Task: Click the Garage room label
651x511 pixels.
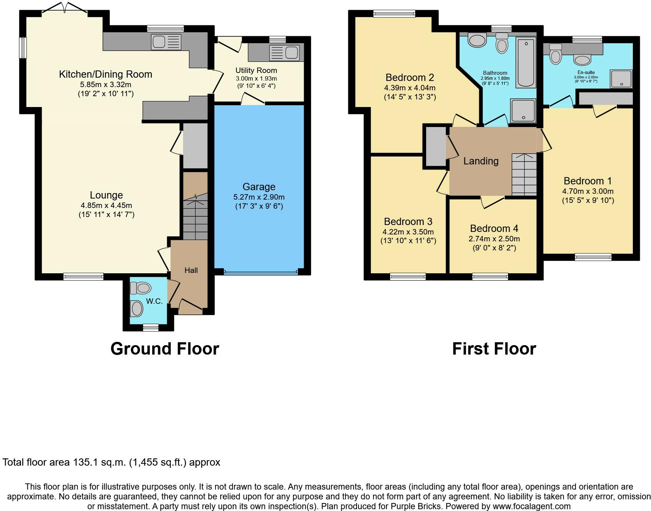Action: point(259,187)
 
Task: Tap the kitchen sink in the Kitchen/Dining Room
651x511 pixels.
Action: point(166,42)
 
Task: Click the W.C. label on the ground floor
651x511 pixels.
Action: point(154,301)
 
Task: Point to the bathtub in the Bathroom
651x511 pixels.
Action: point(526,62)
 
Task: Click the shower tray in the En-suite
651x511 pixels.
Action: point(621,78)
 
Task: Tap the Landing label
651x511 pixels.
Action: point(481,161)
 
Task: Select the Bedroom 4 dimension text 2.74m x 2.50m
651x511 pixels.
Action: point(494,239)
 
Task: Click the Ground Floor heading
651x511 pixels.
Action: point(165,349)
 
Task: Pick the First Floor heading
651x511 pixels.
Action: point(494,349)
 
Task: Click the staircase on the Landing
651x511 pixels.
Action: point(524,174)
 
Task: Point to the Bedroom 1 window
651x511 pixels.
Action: point(593,257)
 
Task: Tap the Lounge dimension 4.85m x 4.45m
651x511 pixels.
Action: point(106,205)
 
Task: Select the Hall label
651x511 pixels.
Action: point(191,270)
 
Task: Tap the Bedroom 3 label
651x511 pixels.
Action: point(408,222)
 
